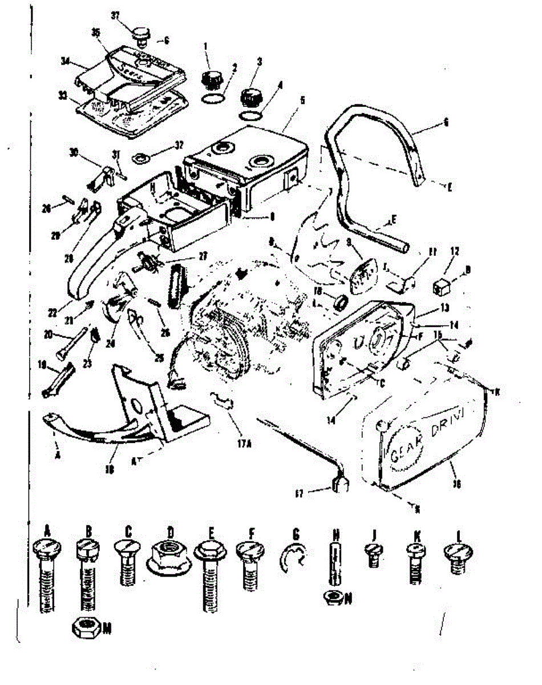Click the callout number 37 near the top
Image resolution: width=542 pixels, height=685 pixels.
point(116,15)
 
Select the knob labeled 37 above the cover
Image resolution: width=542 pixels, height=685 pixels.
point(140,35)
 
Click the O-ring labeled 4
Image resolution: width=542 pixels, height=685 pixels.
point(250,116)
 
